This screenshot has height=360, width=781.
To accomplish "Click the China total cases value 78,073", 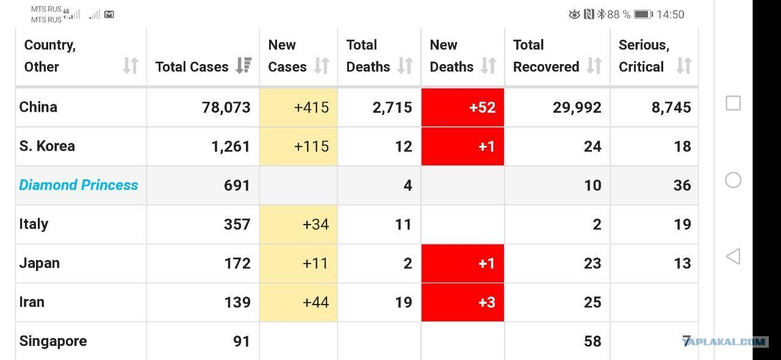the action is pos(226,107).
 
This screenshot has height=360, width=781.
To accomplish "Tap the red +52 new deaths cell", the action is pos(462,107).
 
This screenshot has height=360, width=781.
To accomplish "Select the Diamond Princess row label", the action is pos(79,185).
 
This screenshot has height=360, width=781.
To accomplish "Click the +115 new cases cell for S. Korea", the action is pos(298,146).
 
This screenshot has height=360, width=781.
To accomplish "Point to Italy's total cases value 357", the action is pos(237,225).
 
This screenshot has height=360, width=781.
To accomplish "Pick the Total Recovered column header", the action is pos(546,56).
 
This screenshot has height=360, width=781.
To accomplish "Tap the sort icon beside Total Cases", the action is pos(243,65).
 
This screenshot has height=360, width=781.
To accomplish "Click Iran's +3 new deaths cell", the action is pos(462,303).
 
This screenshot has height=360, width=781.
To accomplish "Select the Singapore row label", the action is pos(53,341).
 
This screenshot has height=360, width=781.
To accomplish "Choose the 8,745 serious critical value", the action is pos(671,107).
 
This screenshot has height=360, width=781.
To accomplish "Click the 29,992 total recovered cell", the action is pos(577,107).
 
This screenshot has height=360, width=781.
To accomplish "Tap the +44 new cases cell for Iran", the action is pos(298,303).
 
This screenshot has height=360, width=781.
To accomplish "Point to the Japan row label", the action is pos(40,264).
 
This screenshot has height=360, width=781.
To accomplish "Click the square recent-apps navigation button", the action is pos(733,103).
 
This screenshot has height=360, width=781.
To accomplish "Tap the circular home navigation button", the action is pos(733,181).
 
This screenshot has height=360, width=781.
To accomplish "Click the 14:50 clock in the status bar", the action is pos(671,15).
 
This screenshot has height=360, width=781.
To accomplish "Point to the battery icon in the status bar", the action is pos(643,14).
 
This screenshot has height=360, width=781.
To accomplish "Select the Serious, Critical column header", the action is pos(644,56).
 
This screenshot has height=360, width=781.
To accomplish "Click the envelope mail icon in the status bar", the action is pos(109,14).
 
